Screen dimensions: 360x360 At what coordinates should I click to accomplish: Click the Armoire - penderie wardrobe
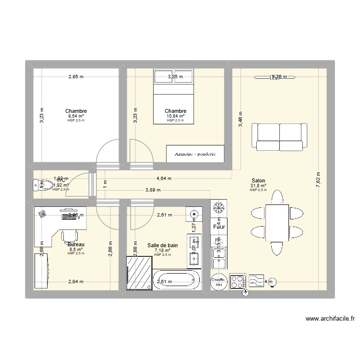pyautogui.click(x=194, y=154)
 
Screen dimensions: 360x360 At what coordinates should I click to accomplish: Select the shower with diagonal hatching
pyautogui.click(x=140, y=273)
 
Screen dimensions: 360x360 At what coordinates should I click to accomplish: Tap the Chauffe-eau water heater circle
pyautogui.click(x=219, y=282)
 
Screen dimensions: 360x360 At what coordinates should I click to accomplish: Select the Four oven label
pyautogui.click(x=219, y=227)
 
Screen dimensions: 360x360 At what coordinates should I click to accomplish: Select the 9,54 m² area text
pyautogui.click(x=76, y=116)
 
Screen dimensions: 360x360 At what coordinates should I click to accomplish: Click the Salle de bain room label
pyautogui.click(x=162, y=245)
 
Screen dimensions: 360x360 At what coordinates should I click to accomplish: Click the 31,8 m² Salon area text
pyautogui.click(x=258, y=186)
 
